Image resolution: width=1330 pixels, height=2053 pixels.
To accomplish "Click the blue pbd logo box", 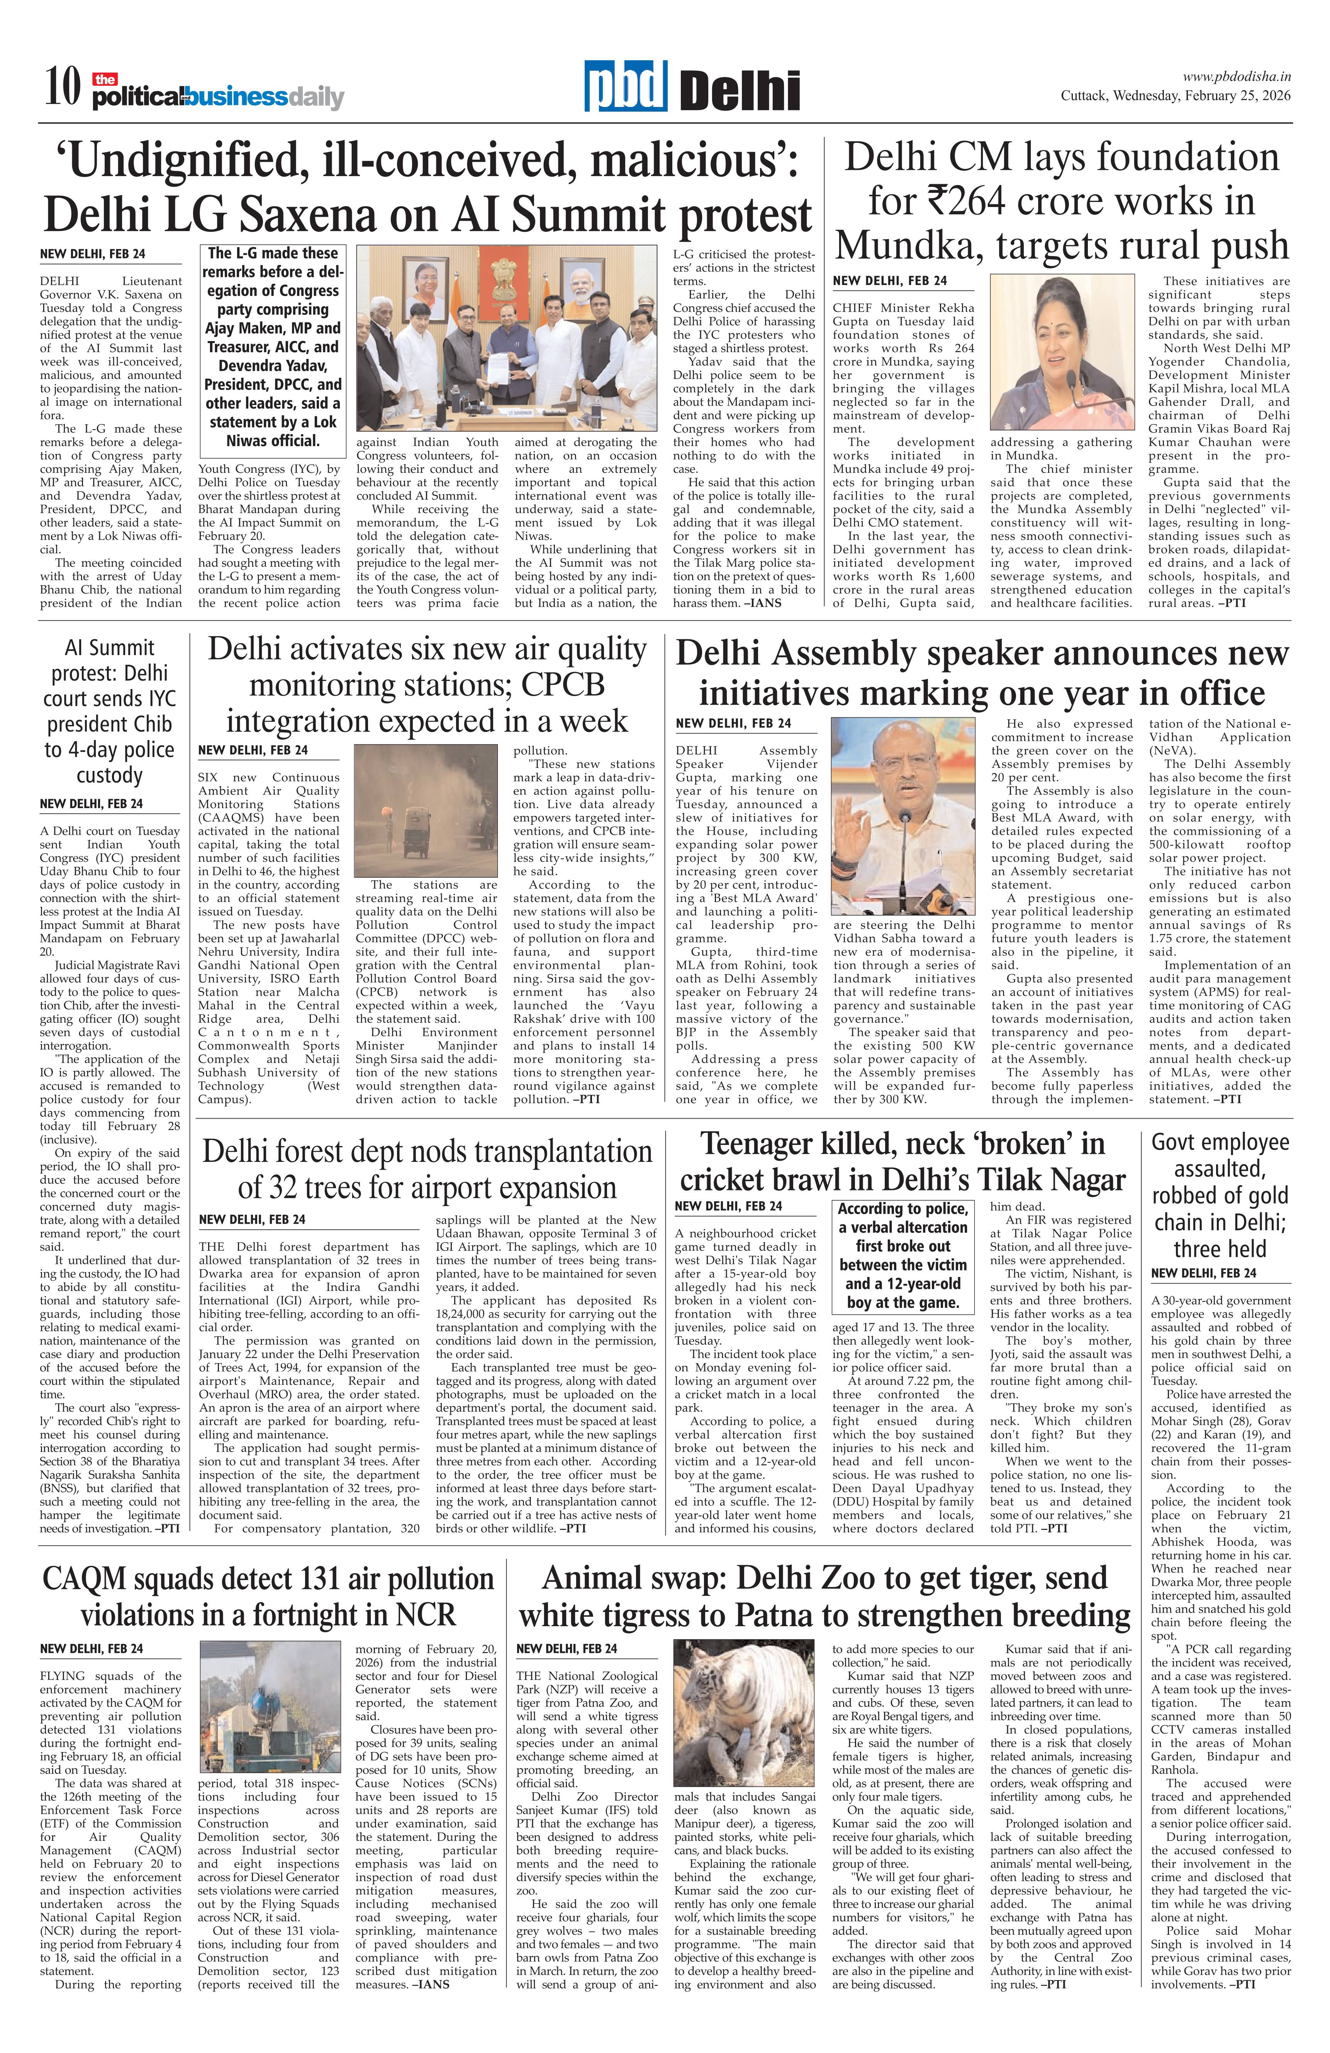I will click(625, 86).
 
